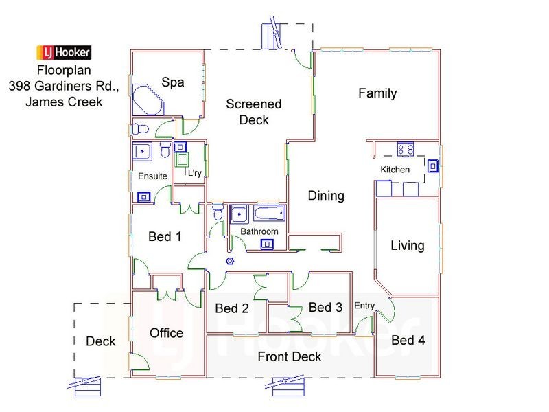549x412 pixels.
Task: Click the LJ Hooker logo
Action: (x=63, y=53)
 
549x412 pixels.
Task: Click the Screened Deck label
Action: (x=254, y=112)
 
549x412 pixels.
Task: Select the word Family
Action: (x=377, y=93)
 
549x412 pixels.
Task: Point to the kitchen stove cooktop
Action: (x=404, y=150)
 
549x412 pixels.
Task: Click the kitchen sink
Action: (x=434, y=165)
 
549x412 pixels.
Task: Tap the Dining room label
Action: (x=325, y=196)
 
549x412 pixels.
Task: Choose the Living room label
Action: (x=408, y=245)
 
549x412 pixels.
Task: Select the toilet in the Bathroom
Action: (x=218, y=212)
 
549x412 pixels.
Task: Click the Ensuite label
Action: (x=152, y=176)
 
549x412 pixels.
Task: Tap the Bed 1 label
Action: (x=165, y=237)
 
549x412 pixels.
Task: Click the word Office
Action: (x=166, y=333)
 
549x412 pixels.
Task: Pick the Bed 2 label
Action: (x=231, y=308)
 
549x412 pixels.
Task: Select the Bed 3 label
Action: (x=325, y=307)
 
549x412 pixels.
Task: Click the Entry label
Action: (x=364, y=306)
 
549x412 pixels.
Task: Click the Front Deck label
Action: (x=289, y=356)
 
